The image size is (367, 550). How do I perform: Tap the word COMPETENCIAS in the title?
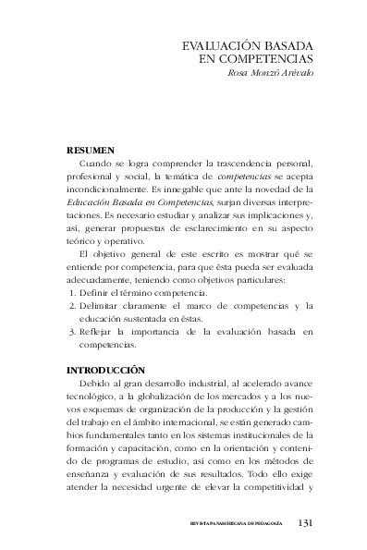269,58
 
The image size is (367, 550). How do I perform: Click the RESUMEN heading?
91,149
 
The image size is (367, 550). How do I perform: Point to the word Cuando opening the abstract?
104,163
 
